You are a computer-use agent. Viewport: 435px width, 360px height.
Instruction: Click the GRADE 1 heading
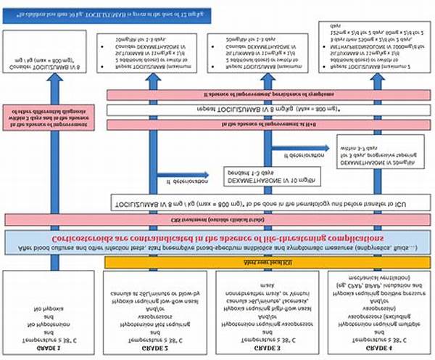point(49,347)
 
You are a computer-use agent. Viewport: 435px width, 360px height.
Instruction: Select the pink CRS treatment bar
point(217,219)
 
